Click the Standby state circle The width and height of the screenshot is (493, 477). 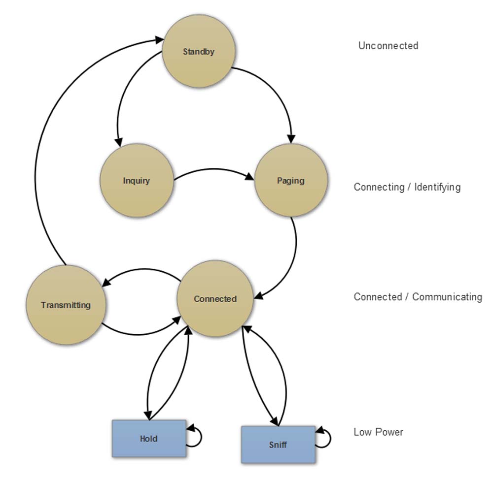pos(199,51)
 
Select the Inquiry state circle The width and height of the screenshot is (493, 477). pos(137,181)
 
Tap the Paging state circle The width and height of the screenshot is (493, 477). pos(290,181)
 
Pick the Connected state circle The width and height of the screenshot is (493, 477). pos(215,299)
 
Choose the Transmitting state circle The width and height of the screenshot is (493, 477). pos(66,305)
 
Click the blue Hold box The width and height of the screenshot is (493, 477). pos(148,439)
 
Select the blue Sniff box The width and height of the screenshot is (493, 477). pos(278,445)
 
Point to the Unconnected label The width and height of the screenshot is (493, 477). pos(388,46)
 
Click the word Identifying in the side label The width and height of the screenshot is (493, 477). pos(437,187)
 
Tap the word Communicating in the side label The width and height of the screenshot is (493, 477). pos(447,297)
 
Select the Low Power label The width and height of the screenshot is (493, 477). pos(378,432)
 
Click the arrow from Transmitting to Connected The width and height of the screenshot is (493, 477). pos(141,333)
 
